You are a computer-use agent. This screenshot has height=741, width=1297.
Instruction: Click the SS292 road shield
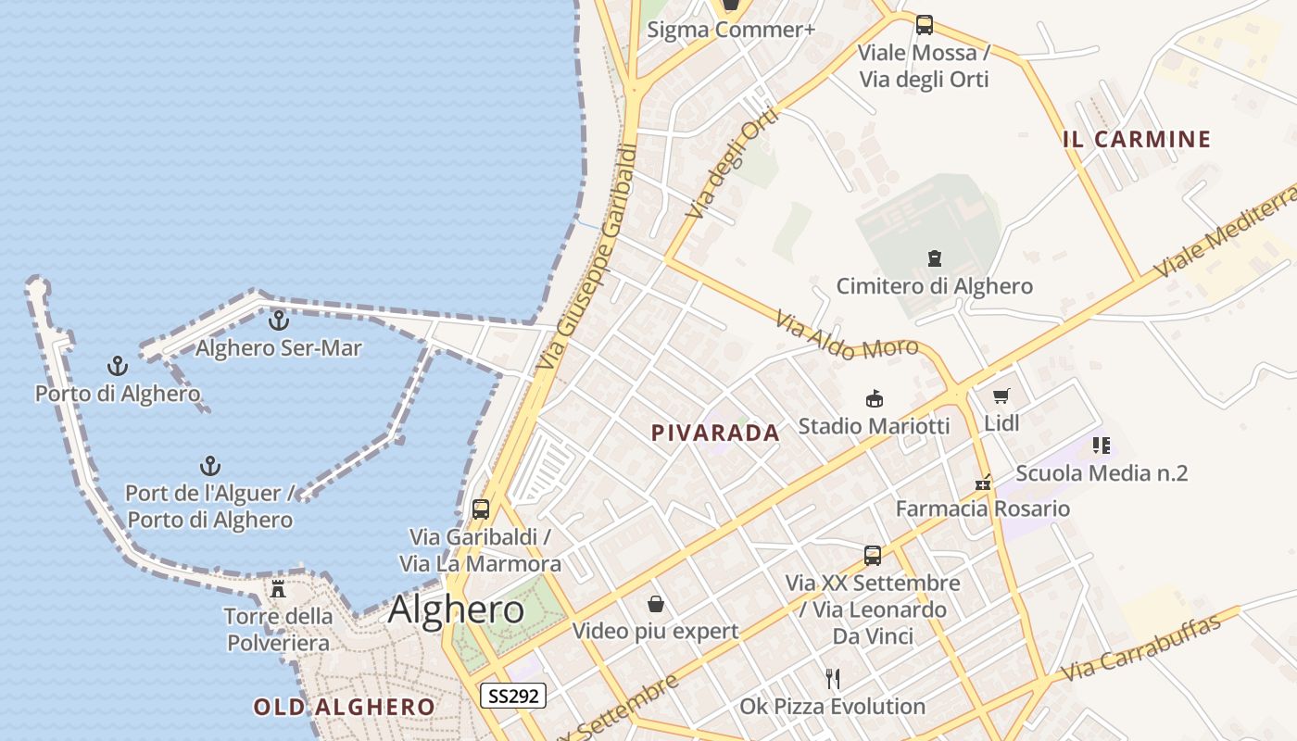(x=512, y=696)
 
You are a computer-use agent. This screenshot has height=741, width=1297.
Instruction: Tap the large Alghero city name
(x=456, y=609)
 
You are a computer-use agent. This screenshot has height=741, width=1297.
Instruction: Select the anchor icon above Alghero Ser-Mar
(x=278, y=320)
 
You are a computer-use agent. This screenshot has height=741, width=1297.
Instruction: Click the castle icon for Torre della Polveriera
(x=277, y=588)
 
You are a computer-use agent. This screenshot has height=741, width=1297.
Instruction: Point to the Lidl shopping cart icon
(x=1001, y=396)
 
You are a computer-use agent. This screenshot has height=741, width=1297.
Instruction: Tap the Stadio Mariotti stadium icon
(x=873, y=399)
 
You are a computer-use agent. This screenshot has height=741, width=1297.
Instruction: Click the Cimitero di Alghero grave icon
(x=934, y=258)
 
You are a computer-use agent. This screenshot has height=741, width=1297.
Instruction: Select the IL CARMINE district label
(x=1137, y=140)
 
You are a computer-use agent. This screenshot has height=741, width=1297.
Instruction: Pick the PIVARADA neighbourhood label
(x=715, y=433)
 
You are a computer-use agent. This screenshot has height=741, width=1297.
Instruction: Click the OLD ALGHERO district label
(x=344, y=707)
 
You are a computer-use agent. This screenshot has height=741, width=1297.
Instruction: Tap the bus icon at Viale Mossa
(x=924, y=25)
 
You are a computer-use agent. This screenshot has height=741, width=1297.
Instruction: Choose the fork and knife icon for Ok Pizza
(x=833, y=679)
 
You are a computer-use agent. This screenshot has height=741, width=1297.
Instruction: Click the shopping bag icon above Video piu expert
(x=656, y=604)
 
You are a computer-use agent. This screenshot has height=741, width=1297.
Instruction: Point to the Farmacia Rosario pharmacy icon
(x=983, y=482)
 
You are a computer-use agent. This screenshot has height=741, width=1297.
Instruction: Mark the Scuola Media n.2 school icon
(x=1101, y=446)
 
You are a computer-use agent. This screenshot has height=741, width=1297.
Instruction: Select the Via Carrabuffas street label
(x=1141, y=647)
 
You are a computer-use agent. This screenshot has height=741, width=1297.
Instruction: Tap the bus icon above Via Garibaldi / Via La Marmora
(x=480, y=509)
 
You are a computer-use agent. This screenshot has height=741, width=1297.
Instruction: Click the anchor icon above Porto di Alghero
(x=117, y=366)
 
